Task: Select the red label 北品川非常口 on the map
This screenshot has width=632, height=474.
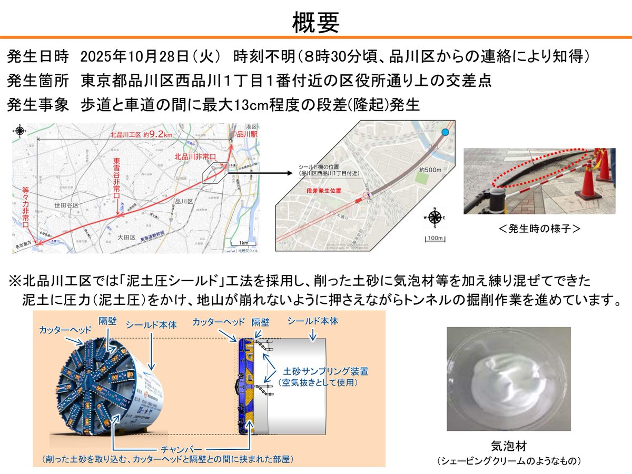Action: pos(195,157)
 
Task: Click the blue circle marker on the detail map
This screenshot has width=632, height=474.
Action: pos(446,132)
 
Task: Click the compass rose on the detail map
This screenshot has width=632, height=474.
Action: pos(435,218)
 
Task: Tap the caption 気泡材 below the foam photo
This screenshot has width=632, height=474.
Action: pos(508,446)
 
